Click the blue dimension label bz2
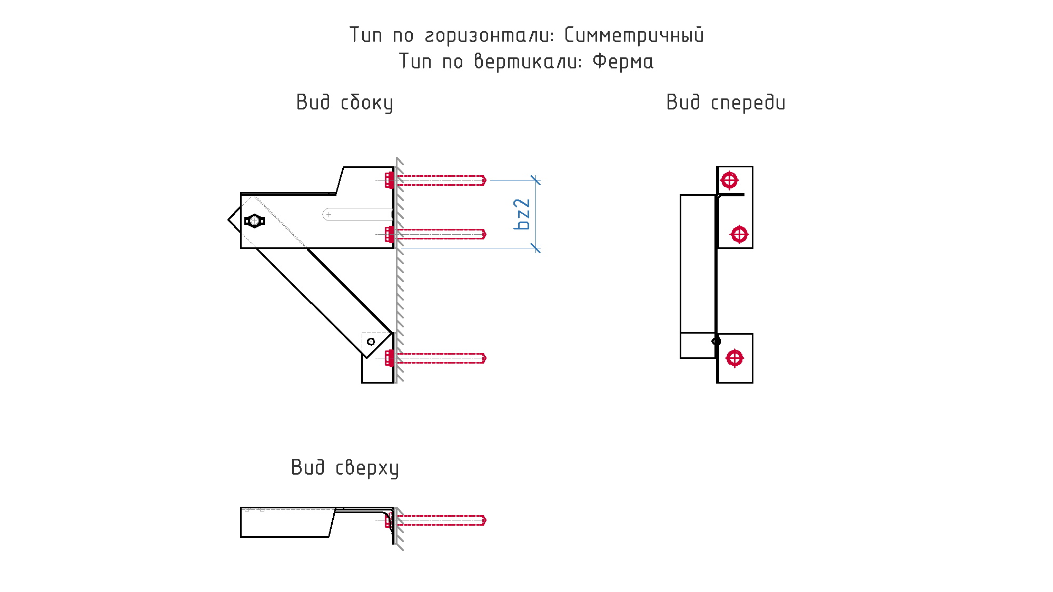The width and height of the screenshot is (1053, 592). [x=522, y=214]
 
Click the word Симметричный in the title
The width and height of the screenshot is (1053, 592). [x=634, y=35]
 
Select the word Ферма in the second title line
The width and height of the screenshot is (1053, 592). [x=623, y=62]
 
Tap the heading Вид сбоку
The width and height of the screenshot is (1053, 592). [x=345, y=102]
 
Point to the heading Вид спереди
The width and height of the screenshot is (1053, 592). [x=726, y=102]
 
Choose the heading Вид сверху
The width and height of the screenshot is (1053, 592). [x=345, y=468]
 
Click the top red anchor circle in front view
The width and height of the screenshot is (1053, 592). [x=729, y=180]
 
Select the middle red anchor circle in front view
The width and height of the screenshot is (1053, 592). [x=739, y=234]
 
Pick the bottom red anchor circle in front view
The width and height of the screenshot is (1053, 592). [x=734, y=358]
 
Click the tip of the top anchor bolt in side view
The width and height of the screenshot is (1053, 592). [x=485, y=180]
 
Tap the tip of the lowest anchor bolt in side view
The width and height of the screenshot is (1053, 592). [x=485, y=358]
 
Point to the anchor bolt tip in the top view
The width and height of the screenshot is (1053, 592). [x=485, y=520]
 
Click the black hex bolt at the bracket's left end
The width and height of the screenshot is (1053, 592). [x=254, y=221]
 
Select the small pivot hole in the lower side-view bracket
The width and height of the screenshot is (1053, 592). [x=371, y=342]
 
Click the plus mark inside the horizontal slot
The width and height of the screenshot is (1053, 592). [x=329, y=215]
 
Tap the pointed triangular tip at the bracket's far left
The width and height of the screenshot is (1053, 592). [x=229, y=220]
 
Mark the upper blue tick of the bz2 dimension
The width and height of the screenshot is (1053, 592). [x=535, y=180]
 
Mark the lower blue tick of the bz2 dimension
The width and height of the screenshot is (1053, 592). [x=535, y=248]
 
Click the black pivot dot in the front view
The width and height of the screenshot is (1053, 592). [x=716, y=342]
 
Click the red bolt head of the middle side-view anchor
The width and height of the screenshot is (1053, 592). [x=389, y=234]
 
